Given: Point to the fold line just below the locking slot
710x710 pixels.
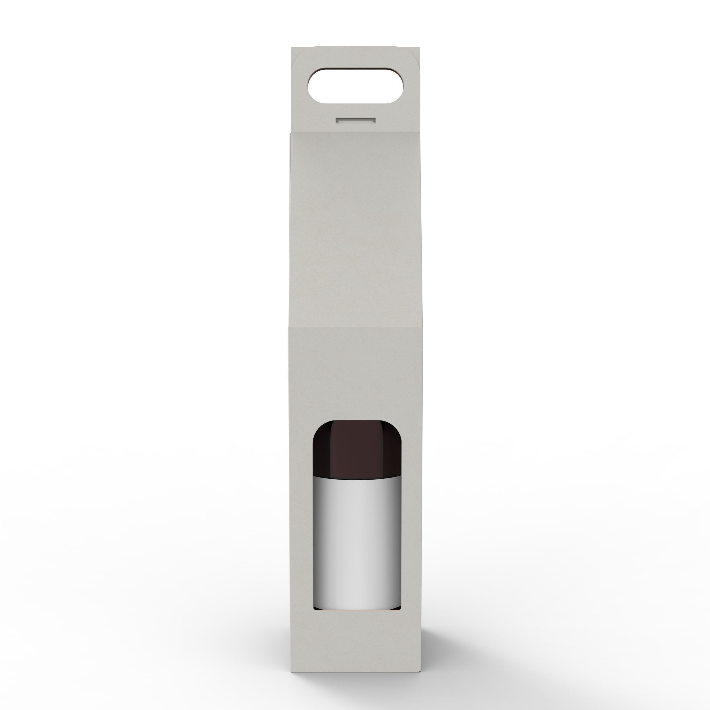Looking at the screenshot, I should pyautogui.click(x=355, y=133).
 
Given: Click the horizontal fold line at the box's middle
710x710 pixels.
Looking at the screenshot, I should pyautogui.click(x=355, y=327).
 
